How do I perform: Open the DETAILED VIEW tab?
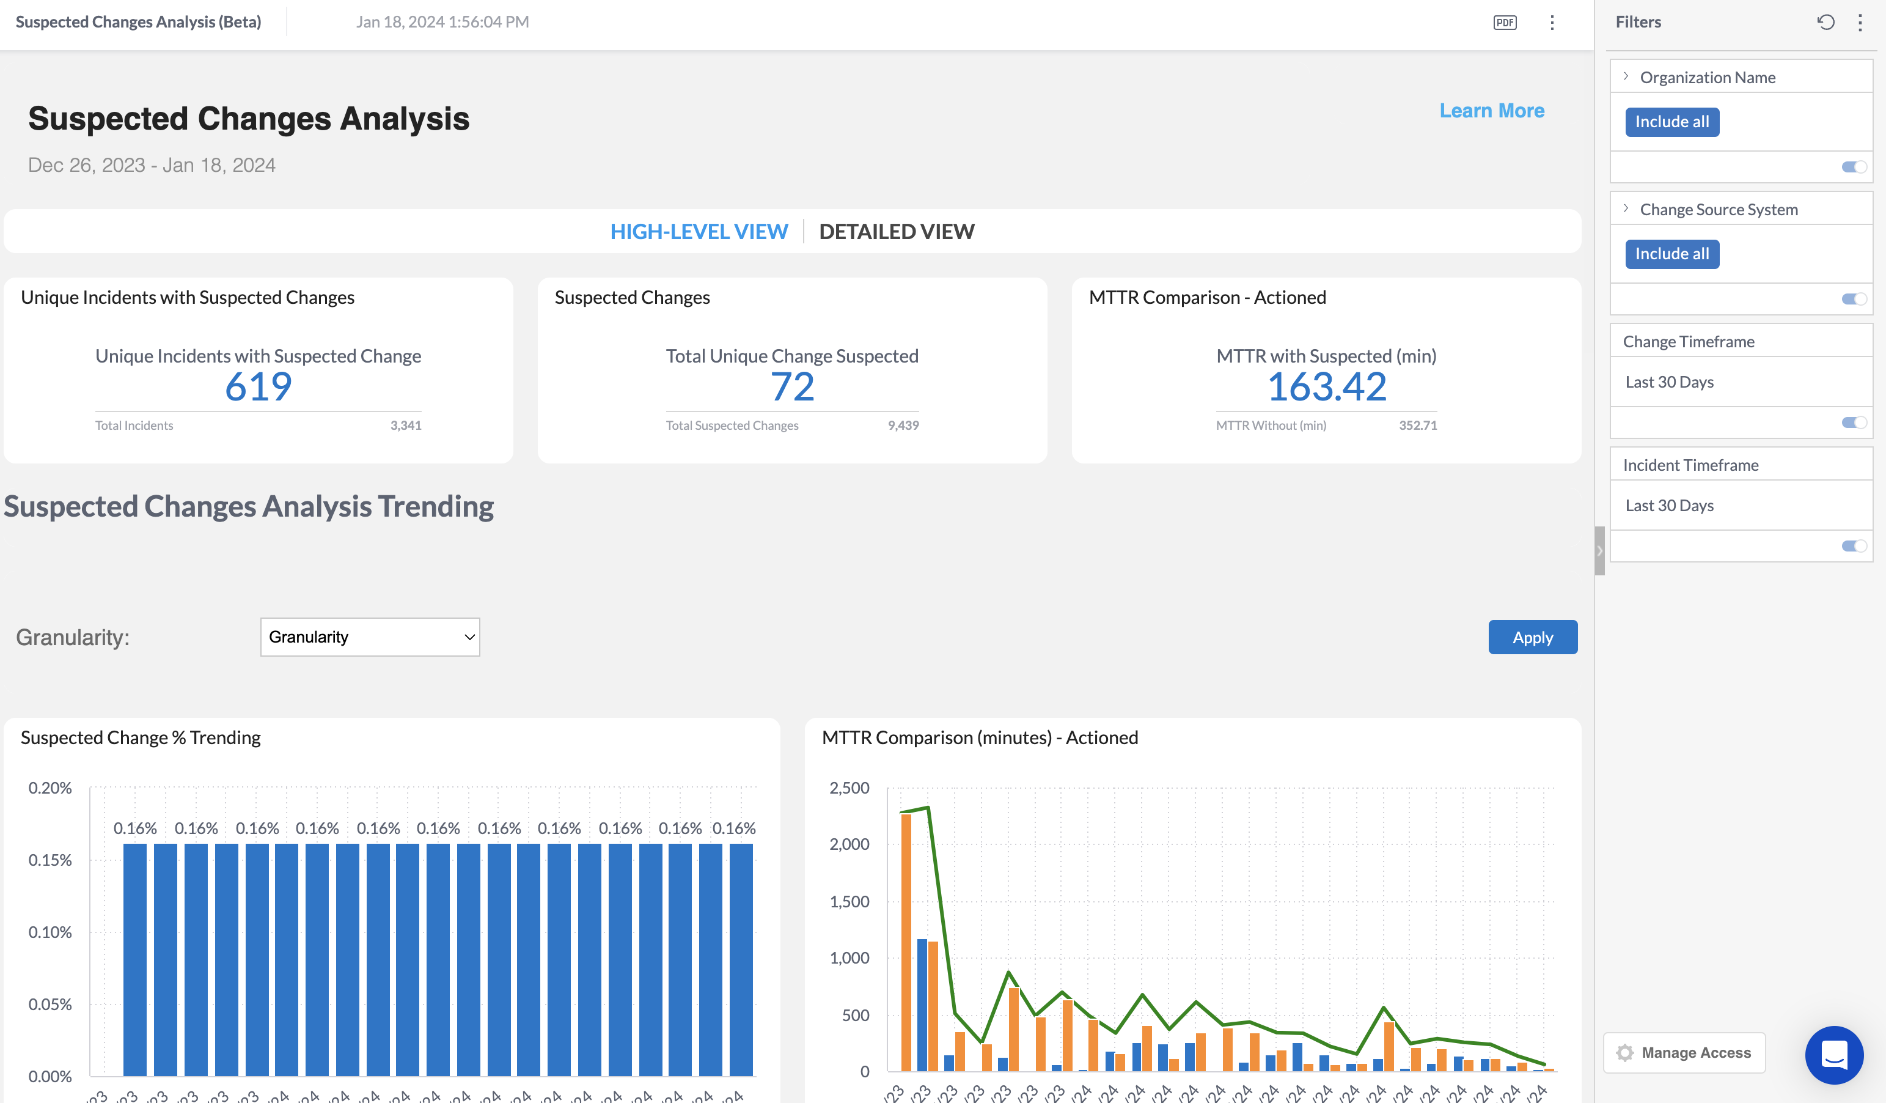(896, 231)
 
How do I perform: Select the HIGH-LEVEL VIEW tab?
(699, 231)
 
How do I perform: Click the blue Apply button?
(1532, 637)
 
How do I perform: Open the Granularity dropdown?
(370, 637)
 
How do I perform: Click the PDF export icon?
(1504, 23)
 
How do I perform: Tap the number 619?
(258, 387)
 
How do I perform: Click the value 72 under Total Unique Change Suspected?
(792, 387)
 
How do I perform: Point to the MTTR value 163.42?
(1326, 387)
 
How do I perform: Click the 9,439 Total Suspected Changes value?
(903, 426)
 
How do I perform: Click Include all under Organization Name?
(1671, 122)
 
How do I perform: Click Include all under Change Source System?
(1671, 254)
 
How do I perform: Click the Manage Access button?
(1684, 1053)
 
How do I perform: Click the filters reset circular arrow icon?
(1825, 23)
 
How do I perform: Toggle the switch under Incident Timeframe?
(1854, 546)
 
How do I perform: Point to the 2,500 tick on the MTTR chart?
(849, 788)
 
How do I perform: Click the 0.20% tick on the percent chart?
(50, 788)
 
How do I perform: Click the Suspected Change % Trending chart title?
(141, 737)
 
